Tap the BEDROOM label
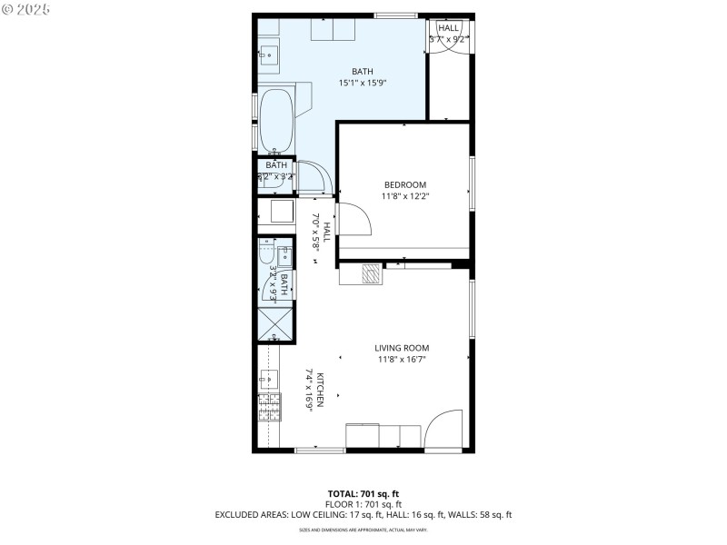(x=404, y=184)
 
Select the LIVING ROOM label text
(x=402, y=348)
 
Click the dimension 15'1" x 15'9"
(x=363, y=84)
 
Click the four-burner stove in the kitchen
(x=269, y=409)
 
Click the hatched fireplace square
(x=371, y=272)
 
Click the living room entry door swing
(x=445, y=431)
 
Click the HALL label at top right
(x=449, y=28)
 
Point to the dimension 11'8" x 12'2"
(x=404, y=195)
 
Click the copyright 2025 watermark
(x=26, y=8)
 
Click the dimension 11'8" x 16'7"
(x=402, y=359)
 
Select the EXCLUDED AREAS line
(x=363, y=514)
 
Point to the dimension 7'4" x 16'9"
(x=309, y=391)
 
